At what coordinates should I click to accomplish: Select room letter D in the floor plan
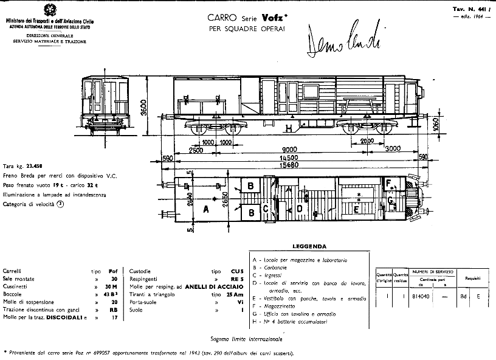click(x=299, y=209)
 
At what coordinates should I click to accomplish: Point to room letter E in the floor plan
click(x=356, y=210)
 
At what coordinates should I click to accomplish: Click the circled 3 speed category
click(x=60, y=204)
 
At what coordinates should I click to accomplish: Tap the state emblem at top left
click(x=47, y=11)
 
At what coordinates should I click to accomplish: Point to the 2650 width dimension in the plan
click(x=225, y=201)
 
